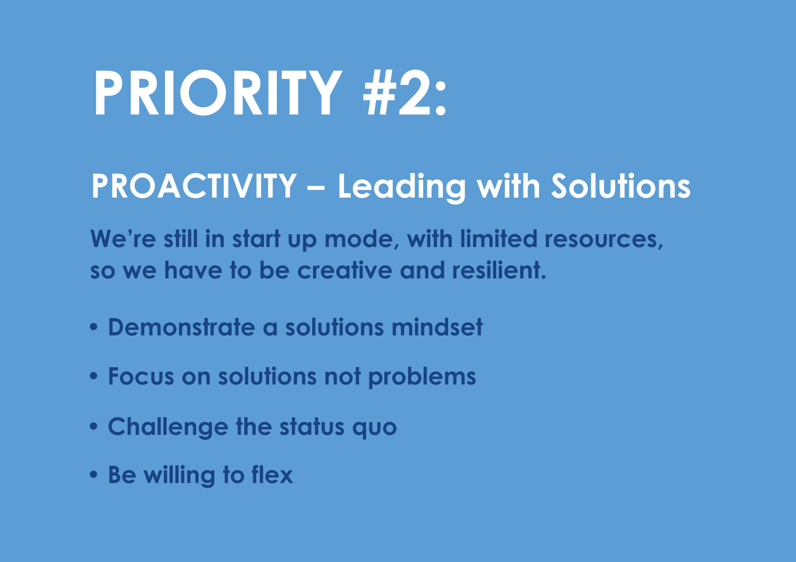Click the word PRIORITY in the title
click(x=218, y=92)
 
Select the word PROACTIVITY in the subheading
click(x=194, y=186)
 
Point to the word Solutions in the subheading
click(x=621, y=186)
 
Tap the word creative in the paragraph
click(x=345, y=270)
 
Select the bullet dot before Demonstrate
click(x=94, y=327)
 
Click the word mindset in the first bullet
click(x=437, y=327)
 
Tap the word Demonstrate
click(x=182, y=327)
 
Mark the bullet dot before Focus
click(x=94, y=376)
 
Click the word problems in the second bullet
click(x=422, y=377)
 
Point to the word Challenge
click(x=168, y=427)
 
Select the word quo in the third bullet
click(x=374, y=429)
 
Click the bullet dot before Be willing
click(x=94, y=475)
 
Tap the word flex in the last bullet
click(x=272, y=475)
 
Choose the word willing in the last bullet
click(x=180, y=476)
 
